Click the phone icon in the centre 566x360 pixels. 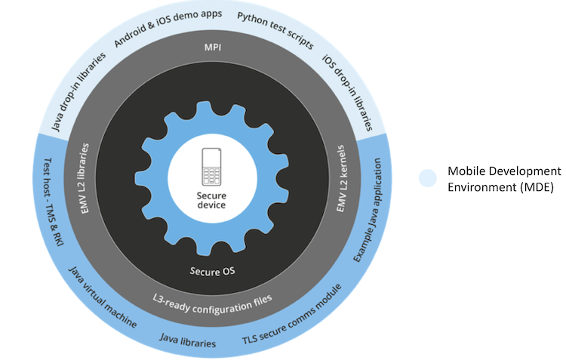tap(211, 168)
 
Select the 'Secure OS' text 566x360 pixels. tap(211, 269)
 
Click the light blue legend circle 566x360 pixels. tap(429, 177)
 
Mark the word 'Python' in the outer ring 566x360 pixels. tap(253, 20)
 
